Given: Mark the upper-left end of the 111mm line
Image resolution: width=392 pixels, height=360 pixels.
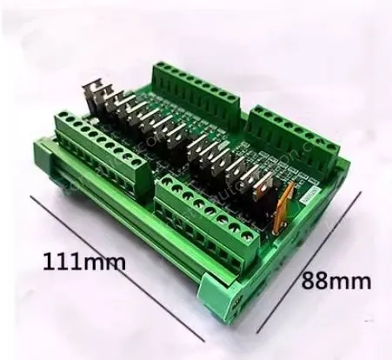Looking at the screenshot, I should click(32, 196).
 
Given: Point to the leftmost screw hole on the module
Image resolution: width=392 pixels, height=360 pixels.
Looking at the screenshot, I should click(64, 123).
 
